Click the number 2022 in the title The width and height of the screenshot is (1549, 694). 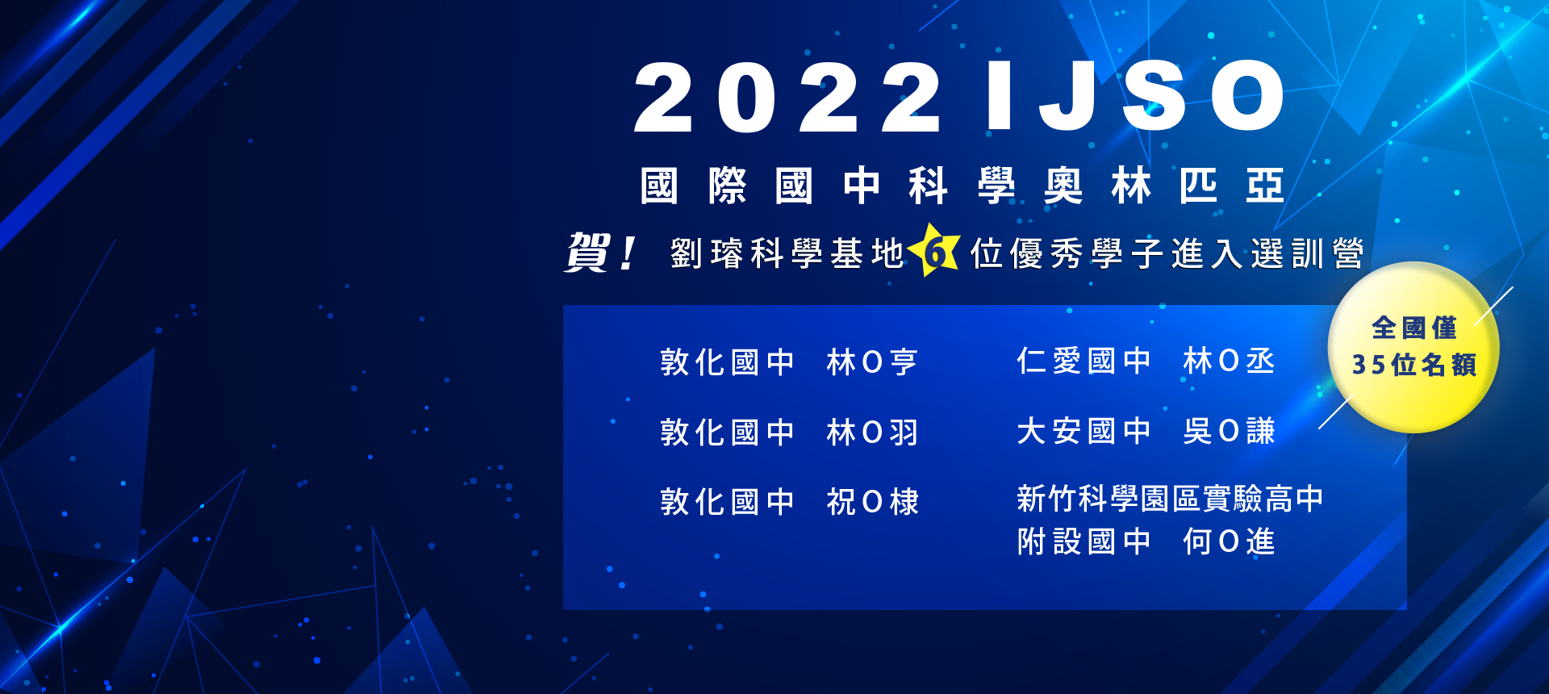(x=787, y=98)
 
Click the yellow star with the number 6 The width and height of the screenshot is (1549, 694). (x=935, y=251)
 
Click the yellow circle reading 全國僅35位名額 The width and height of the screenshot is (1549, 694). (x=1413, y=347)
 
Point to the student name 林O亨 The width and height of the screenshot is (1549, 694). (x=872, y=362)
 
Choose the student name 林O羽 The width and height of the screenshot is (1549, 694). (x=872, y=433)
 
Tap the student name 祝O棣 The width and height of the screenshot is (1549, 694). (x=872, y=502)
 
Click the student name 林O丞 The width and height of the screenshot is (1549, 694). (x=1229, y=361)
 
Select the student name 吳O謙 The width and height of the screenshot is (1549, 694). (x=1229, y=431)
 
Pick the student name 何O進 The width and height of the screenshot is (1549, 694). (x=1229, y=541)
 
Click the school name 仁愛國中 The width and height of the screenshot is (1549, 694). (x=1083, y=361)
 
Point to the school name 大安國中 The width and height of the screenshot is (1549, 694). (x=1083, y=431)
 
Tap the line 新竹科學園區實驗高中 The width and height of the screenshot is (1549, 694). (x=1170, y=499)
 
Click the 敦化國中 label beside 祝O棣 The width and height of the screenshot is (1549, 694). (x=727, y=502)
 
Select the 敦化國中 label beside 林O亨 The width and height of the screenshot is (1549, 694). (x=727, y=362)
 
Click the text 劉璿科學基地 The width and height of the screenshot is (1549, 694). (x=787, y=253)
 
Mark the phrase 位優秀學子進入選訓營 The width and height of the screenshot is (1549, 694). (x=1167, y=253)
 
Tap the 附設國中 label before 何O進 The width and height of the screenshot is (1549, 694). (x=1083, y=541)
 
